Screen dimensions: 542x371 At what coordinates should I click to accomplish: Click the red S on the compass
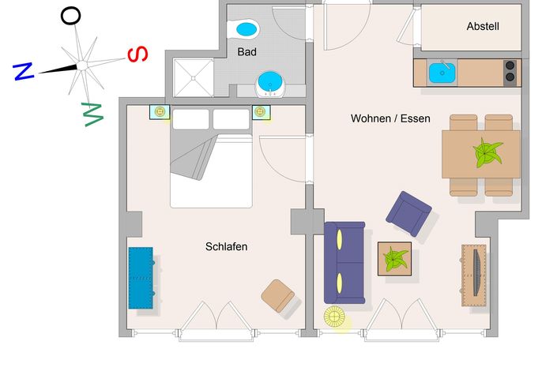137,54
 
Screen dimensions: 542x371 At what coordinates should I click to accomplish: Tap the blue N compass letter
23,71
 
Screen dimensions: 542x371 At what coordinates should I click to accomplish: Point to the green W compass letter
92,114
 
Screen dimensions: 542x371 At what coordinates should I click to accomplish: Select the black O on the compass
71,16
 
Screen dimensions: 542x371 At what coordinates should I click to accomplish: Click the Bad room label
247,52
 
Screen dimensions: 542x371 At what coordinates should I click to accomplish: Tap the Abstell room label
483,26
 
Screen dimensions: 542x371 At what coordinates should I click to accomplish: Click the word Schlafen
226,246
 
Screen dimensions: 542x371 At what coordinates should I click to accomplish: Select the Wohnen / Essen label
390,118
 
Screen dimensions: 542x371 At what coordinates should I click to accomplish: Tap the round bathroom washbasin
270,84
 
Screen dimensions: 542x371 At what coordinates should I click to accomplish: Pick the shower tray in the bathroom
194,78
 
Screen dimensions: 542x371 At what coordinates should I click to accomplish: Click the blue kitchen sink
442,73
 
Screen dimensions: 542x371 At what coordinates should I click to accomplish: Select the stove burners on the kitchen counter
510,72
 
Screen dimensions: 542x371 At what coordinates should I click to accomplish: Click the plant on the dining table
487,152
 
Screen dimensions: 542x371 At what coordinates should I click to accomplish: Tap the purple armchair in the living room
408,213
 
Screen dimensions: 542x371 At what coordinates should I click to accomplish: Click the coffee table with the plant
394,259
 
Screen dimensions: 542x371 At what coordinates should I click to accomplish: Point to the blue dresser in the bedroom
141,278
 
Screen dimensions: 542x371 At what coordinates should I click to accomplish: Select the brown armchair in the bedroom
277,296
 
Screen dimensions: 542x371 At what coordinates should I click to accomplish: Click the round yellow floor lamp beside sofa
334,317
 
